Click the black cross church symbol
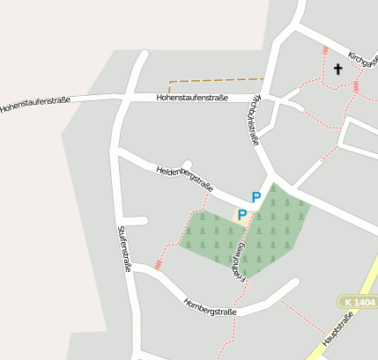(x=337, y=68)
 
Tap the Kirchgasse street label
(x=362, y=61)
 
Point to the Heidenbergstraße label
(x=185, y=178)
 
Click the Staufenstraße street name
(x=123, y=248)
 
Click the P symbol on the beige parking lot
(x=242, y=215)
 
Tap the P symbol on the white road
(x=256, y=198)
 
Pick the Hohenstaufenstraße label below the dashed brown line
(x=192, y=98)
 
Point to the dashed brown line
(x=216, y=80)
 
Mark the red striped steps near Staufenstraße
(x=159, y=263)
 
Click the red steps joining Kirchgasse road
(x=326, y=51)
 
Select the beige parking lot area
(x=241, y=216)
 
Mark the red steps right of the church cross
(x=356, y=86)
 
